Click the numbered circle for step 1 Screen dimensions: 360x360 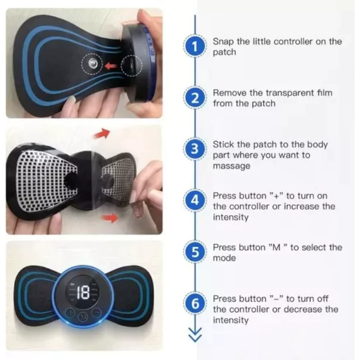(195, 46)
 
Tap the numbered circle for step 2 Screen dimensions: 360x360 (195, 98)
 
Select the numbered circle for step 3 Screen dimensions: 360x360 (195, 149)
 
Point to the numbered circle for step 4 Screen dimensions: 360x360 (195, 200)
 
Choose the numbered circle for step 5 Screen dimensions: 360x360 (195, 252)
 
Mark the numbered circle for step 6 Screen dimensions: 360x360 (195, 303)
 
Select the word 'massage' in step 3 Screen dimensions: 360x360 (231, 166)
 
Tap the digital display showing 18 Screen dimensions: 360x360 (83, 292)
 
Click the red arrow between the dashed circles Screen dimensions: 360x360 (111, 66)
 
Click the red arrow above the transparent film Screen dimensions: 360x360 (102, 134)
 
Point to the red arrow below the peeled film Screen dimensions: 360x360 (110, 217)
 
